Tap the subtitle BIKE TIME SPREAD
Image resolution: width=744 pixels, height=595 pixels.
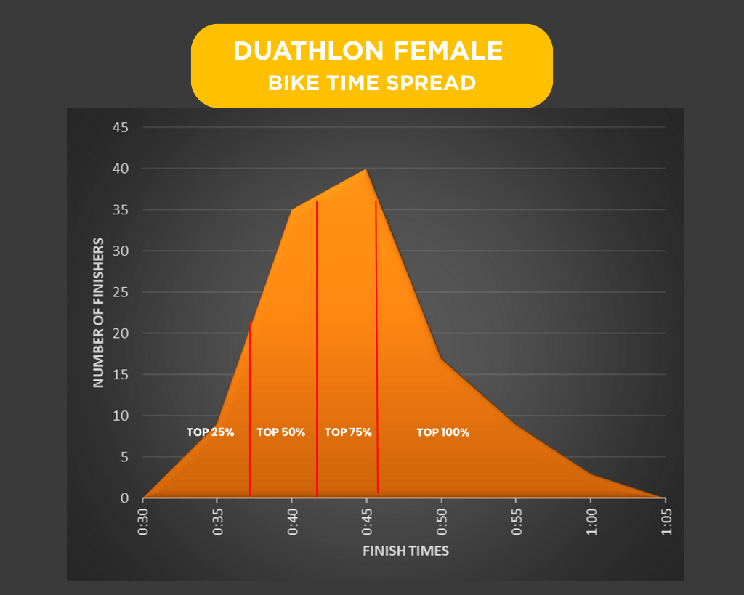[x=372, y=83]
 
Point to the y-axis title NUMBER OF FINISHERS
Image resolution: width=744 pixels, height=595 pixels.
[x=98, y=312]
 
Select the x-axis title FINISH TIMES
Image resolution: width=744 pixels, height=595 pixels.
[x=405, y=551]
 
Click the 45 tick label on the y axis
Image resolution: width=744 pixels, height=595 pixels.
[x=120, y=128]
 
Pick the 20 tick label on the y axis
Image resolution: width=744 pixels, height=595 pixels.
[x=120, y=333]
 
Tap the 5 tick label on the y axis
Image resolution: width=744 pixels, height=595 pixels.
[x=124, y=457]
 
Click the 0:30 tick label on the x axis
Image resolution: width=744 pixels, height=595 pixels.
[x=143, y=521]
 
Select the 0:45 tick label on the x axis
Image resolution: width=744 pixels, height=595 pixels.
[x=367, y=521]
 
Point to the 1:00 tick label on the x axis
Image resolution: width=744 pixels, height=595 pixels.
[x=591, y=521]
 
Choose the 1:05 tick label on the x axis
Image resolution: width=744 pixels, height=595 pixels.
[x=666, y=521]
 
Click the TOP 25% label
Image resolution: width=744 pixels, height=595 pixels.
[x=210, y=432]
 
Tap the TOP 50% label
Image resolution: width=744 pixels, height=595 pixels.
[x=281, y=432]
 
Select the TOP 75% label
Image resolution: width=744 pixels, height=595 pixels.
[x=348, y=432]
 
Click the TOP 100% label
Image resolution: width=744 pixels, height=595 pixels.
[x=443, y=432]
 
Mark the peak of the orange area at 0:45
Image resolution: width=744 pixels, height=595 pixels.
[x=366, y=169]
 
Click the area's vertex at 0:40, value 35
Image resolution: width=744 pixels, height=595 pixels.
[x=292, y=210]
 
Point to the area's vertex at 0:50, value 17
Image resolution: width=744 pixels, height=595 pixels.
[x=441, y=358]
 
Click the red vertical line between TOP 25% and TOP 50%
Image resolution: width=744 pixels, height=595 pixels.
[x=250, y=407]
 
